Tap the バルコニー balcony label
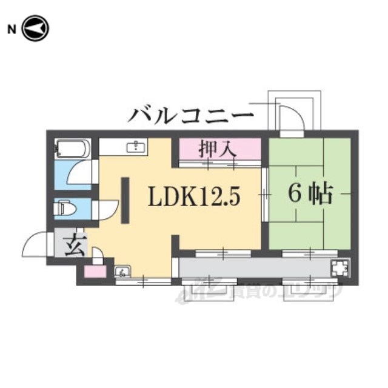click(x=190, y=113)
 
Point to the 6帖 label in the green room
click(x=309, y=193)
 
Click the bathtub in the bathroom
click(x=72, y=149)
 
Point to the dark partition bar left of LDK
click(x=125, y=201)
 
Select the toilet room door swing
click(x=103, y=210)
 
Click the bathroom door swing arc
click(x=81, y=172)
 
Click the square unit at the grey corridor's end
click(x=338, y=267)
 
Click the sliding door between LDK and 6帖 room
click(x=265, y=195)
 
